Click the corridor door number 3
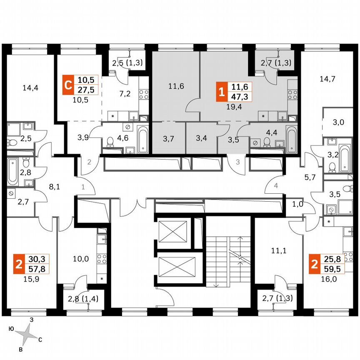click(237, 162)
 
